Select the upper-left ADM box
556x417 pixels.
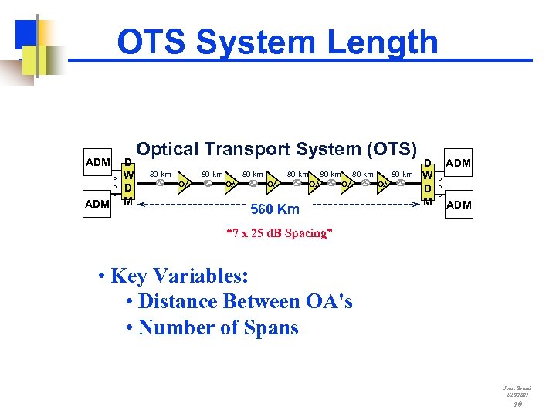coord(97,162)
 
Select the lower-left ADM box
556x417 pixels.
coord(97,204)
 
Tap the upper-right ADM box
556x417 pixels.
coord(458,163)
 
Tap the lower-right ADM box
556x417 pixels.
coord(458,205)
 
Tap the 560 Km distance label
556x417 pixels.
coord(274,208)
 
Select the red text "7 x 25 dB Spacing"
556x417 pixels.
coord(277,233)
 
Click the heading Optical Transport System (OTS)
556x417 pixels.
coord(276,149)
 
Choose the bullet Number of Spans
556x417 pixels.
coord(217,327)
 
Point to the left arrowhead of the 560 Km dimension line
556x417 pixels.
coord(141,205)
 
